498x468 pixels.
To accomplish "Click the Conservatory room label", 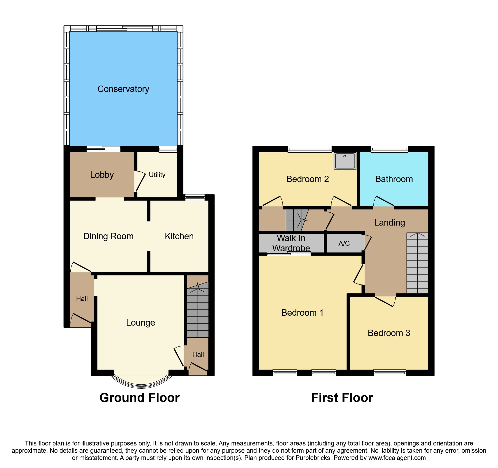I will pos(123,89).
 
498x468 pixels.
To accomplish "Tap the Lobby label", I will pos(102,175).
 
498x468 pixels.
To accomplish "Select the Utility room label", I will pos(157,175).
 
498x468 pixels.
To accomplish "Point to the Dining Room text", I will pos(108,236).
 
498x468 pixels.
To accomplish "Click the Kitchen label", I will pos(179,236).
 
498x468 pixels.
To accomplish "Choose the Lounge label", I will pos(140,323).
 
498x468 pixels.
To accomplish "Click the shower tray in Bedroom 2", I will pos(345,161).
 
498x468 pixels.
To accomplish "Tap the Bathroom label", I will pos(394,179).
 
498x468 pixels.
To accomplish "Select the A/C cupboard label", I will pos(344,244).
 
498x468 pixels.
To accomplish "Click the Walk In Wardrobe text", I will pos(291,243).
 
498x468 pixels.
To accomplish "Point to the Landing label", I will pos(389,223).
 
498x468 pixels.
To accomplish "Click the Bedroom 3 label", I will pos(389,333).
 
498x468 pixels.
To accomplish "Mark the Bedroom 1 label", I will pos(302,313).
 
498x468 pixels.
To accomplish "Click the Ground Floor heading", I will pos(139,398).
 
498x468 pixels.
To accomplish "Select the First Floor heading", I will pos(342,398).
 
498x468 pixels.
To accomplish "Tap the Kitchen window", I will pos(195,198).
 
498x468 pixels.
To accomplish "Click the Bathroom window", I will pos(389,149).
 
